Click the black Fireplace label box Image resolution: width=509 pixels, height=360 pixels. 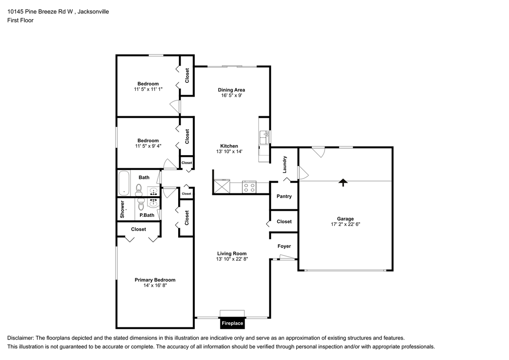[232, 323]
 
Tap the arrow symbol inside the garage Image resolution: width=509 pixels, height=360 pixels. [343, 182]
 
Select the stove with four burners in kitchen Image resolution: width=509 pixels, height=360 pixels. [249, 187]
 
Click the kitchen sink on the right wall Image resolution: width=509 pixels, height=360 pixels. [264, 138]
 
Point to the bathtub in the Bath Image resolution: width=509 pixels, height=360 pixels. [124, 183]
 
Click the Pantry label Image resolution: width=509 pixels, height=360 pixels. [284, 196]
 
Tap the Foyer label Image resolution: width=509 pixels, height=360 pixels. [284, 246]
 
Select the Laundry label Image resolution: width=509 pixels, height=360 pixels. [285, 164]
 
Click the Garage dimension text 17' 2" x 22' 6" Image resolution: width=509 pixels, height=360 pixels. [345, 224]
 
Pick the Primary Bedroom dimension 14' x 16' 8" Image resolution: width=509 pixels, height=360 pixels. [155, 286]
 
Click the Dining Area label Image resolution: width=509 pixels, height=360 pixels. [231, 90]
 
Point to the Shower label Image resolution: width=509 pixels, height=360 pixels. [122, 209]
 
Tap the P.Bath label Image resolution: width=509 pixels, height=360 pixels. [147, 215]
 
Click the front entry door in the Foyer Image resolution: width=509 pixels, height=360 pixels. [287, 259]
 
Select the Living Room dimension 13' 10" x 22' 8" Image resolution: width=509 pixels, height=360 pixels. [232, 259]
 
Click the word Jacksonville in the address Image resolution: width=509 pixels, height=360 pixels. [93, 12]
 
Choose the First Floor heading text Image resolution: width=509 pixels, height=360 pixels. [20, 20]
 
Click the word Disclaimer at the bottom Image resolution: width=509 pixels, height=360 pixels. [20, 338]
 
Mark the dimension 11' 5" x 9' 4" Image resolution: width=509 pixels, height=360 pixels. [148, 146]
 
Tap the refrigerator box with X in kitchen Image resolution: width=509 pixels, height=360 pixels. [222, 187]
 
